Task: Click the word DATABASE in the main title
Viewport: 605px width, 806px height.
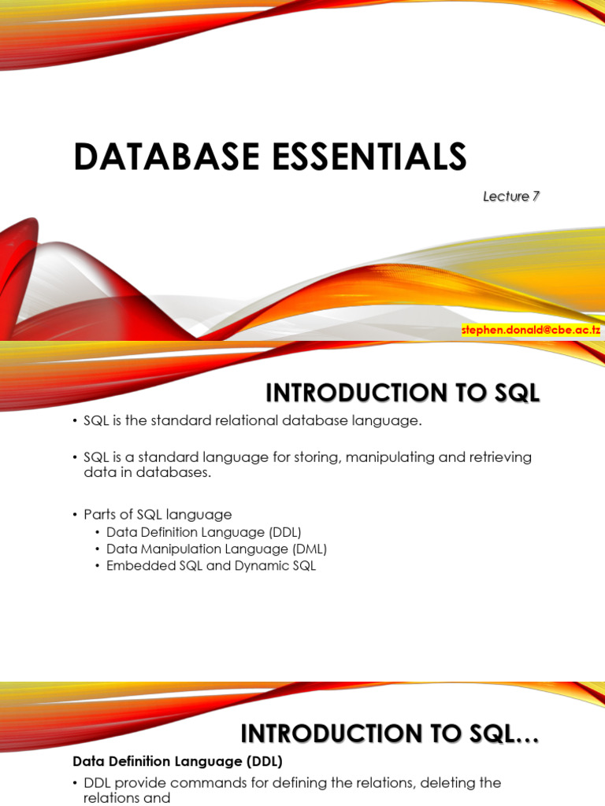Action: pos(166,157)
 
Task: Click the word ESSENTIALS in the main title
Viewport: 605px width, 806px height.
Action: pos(369,157)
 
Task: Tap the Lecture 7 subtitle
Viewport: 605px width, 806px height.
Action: pos(510,196)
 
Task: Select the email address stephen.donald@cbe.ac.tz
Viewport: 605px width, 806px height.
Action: pos(531,330)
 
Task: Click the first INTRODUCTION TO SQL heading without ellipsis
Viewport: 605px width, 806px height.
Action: pos(403,394)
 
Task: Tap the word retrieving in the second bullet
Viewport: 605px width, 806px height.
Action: pos(499,457)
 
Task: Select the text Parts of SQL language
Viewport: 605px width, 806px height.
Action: pos(158,515)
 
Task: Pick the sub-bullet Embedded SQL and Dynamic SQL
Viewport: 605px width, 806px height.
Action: pos(211,566)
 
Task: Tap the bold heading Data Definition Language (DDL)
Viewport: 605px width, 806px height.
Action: pos(177,761)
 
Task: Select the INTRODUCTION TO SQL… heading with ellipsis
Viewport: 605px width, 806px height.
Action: pos(389,734)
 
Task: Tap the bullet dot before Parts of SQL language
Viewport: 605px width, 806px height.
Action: pos(75,515)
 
